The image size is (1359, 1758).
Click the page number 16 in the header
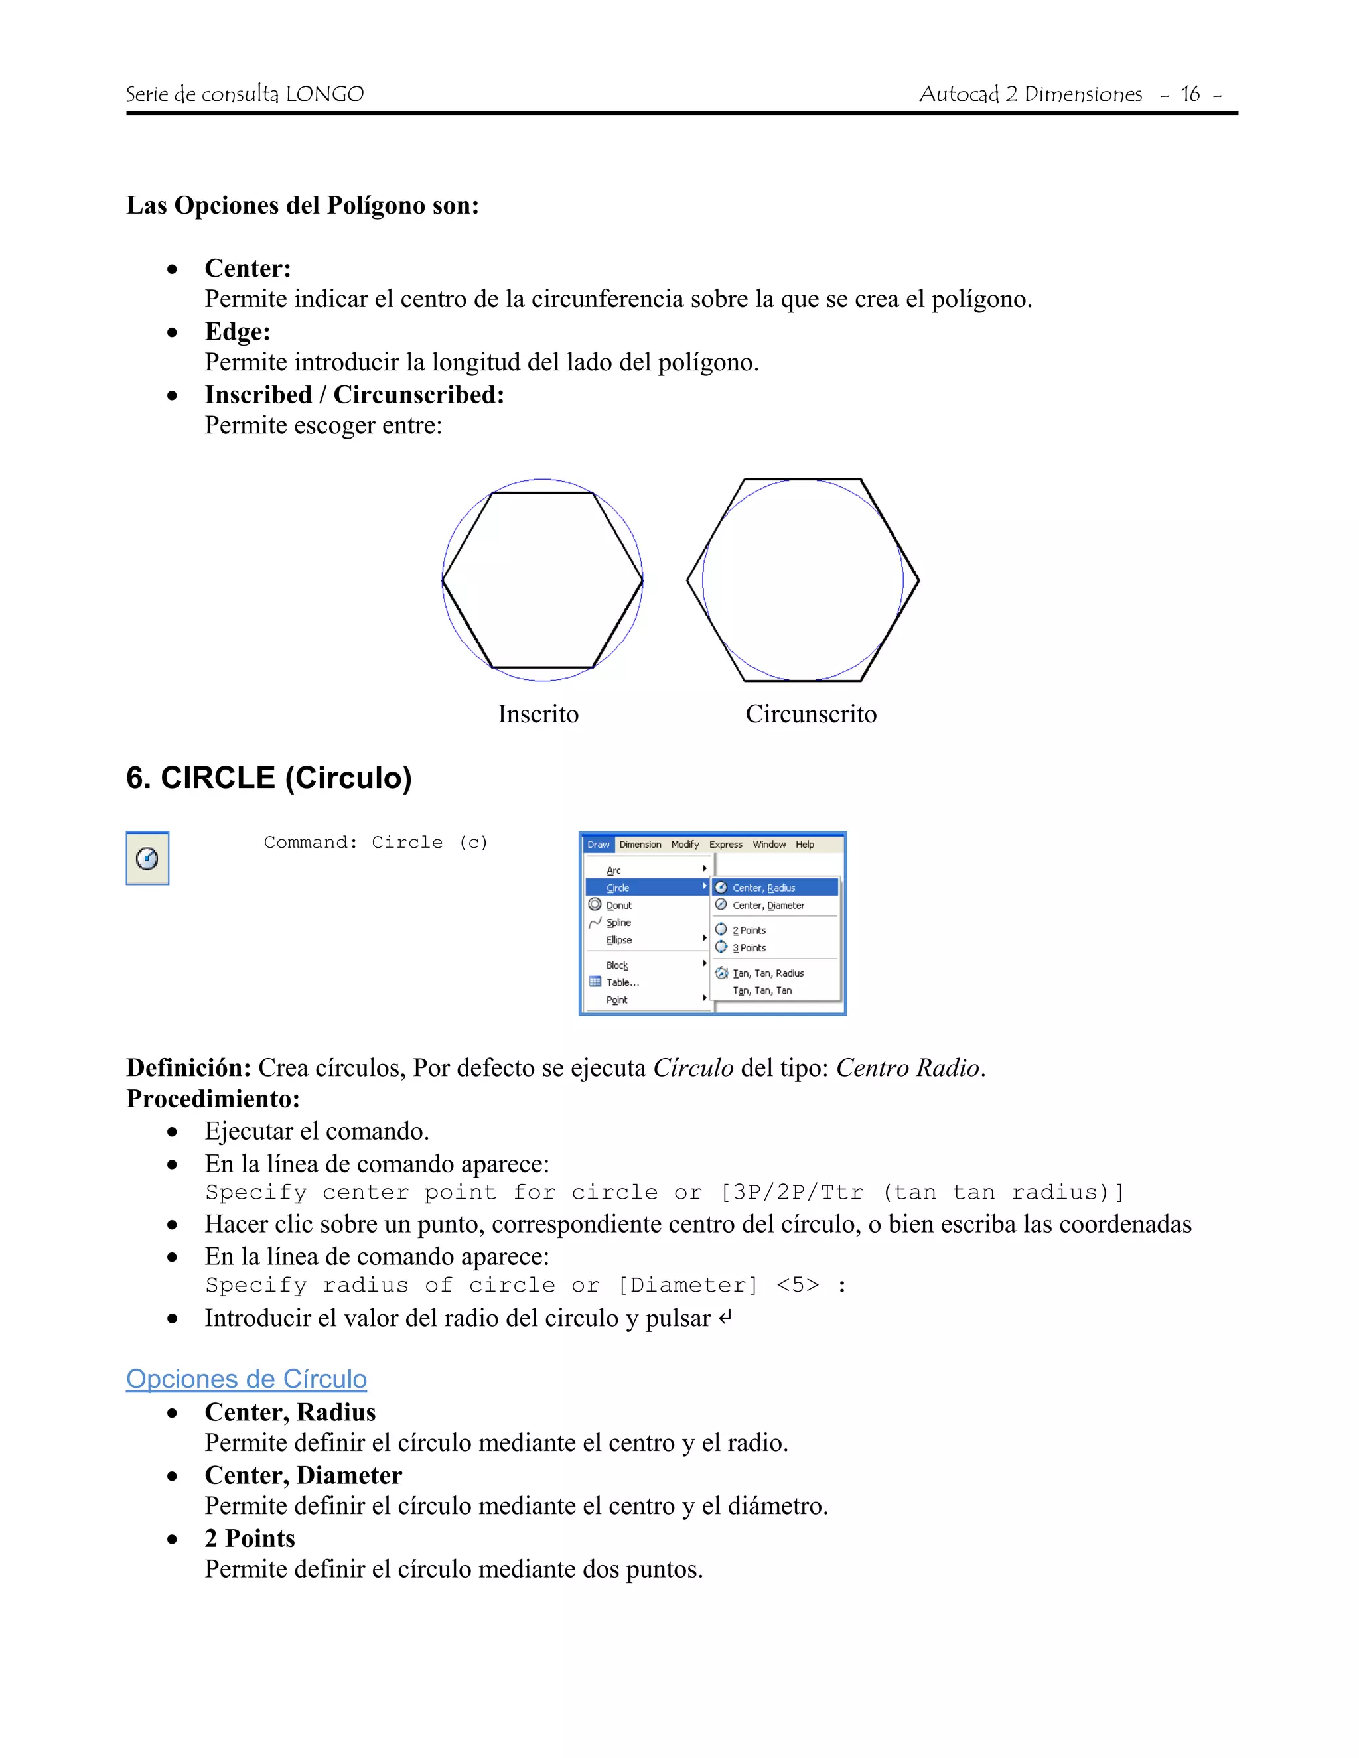pyautogui.click(x=1189, y=94)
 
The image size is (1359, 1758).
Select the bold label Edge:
pyautogui.click(x=238, y=332)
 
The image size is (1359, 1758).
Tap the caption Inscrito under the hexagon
pyautogui.click(x=537, y=714)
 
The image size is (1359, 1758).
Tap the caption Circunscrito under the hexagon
pyautogui.click(x=811, y=714)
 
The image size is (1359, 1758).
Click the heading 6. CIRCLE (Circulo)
pyautogui.click(x=269, y=778)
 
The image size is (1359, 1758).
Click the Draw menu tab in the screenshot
pyautogui.click(x=598, y=845)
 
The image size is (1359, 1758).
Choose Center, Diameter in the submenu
pyautogui.click(x=768, y=906)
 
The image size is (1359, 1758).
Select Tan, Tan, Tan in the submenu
pyautogui.click(x=762, y=991)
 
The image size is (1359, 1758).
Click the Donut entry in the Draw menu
pyautogui.click(x=618, y=906)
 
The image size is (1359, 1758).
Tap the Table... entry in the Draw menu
pyautogui.click(x=622, y=983)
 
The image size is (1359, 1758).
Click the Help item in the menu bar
pyautogui.click(x=804, y=845)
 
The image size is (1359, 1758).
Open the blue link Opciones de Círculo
pyautogui.click(x=246, y=1379)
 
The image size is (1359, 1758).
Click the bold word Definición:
pyautogui.click(x=189, y=1068)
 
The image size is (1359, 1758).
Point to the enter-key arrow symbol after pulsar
pyautogui.click(x=725, y=1318)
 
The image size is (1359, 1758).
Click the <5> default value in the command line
pyautogui.click(x=797, y=1286)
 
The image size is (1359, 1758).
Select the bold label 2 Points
pyautogui.click(x=250, y=1538)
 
